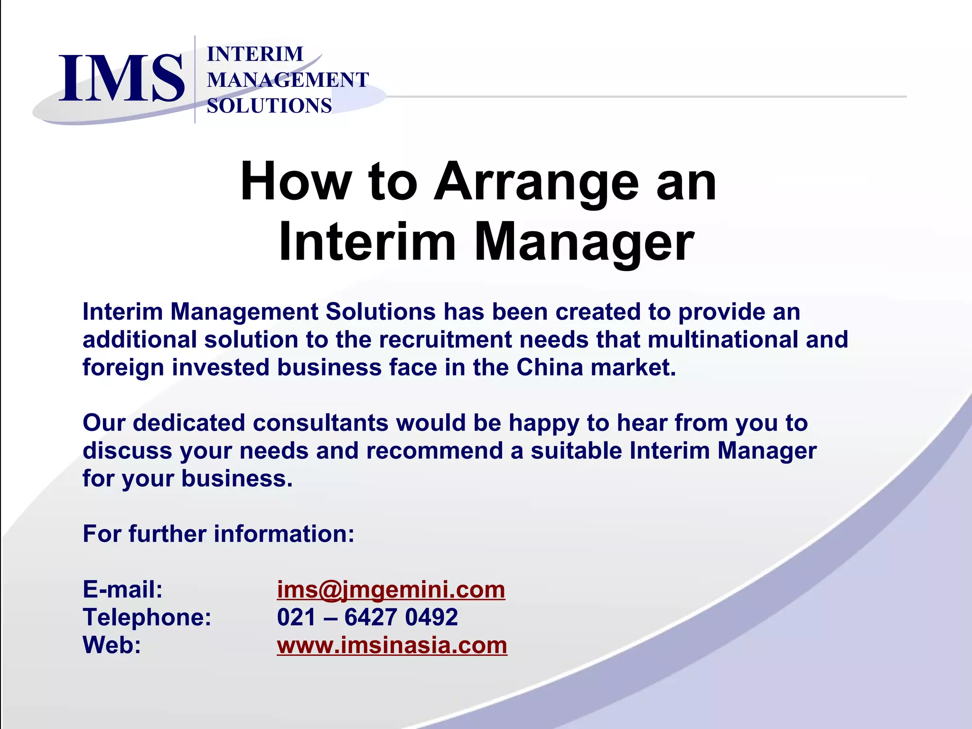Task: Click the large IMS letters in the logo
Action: tap(121, 78)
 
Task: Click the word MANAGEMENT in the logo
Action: tap(288, 80)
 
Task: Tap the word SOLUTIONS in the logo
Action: tap(269, 105)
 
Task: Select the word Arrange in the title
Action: tap(537, 182)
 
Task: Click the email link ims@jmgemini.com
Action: tap(391, 590)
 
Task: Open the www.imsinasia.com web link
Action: tap(392, 645)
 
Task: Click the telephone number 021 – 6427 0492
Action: tap(367, 617)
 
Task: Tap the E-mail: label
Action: tap(123, 590)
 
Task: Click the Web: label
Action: tap(112, 645)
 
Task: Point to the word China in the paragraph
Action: tap(550, 367)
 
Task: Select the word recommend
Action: tap(434, 451)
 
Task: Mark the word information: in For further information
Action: tap(284, 534)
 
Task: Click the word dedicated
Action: tap(189, 423)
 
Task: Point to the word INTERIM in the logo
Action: tap(255, 54)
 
